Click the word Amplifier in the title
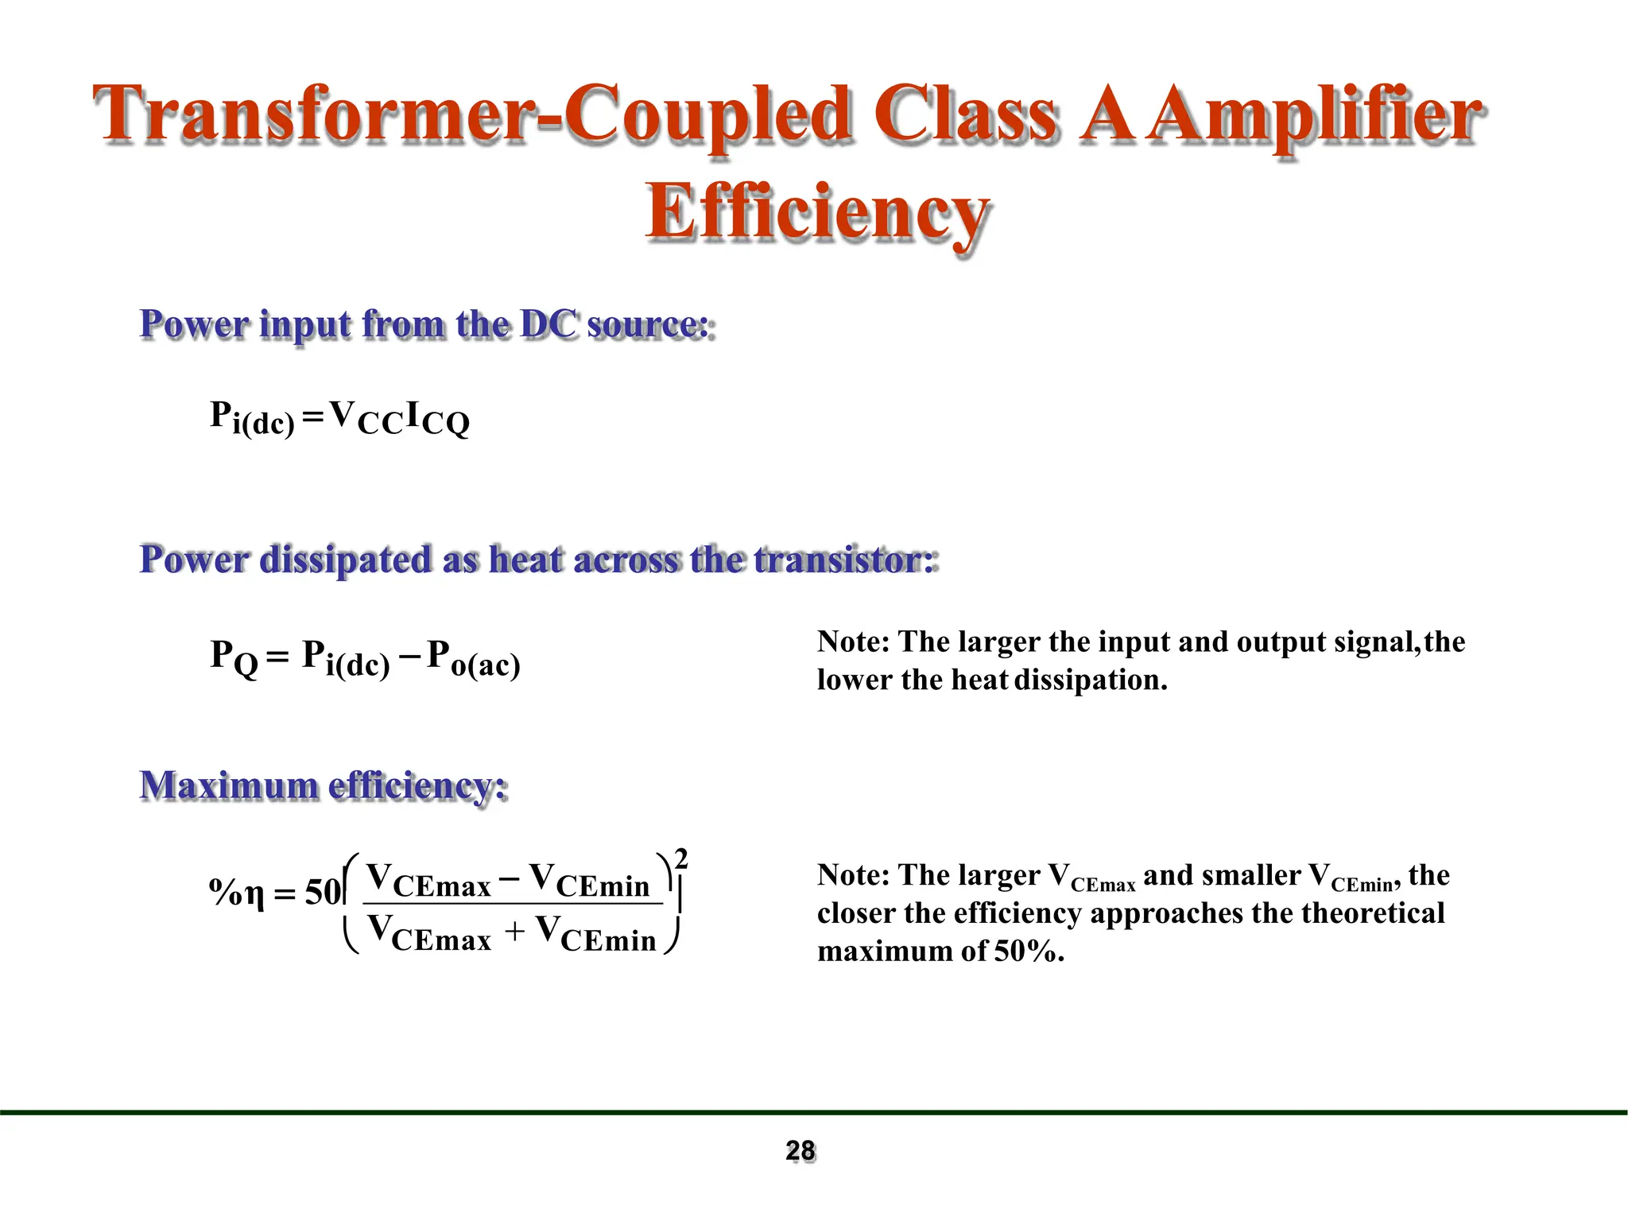(1316, 116)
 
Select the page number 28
(800, 1150)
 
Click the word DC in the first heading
(549, 324)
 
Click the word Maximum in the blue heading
(229, 785)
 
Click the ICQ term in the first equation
(437, 418)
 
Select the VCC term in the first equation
(366, 418)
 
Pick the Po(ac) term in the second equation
(474, 659)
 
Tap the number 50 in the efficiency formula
(322, 893)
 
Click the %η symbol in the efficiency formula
(236, 893)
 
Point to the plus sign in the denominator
(514, 931)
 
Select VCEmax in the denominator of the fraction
(430, 935)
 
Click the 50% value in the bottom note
(1026, 952)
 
